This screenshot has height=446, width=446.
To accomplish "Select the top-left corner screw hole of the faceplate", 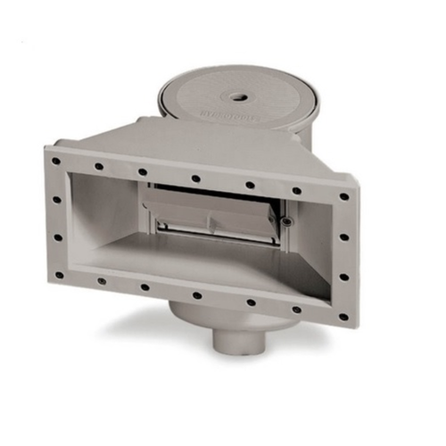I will coord(56,161).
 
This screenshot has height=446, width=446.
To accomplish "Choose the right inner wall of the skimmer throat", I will coord(308,241).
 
